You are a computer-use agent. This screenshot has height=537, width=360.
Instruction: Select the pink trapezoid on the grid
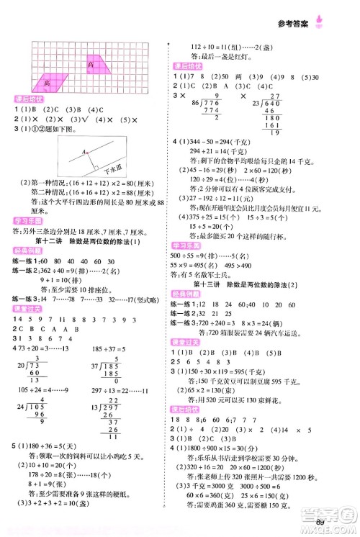point(98,66)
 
